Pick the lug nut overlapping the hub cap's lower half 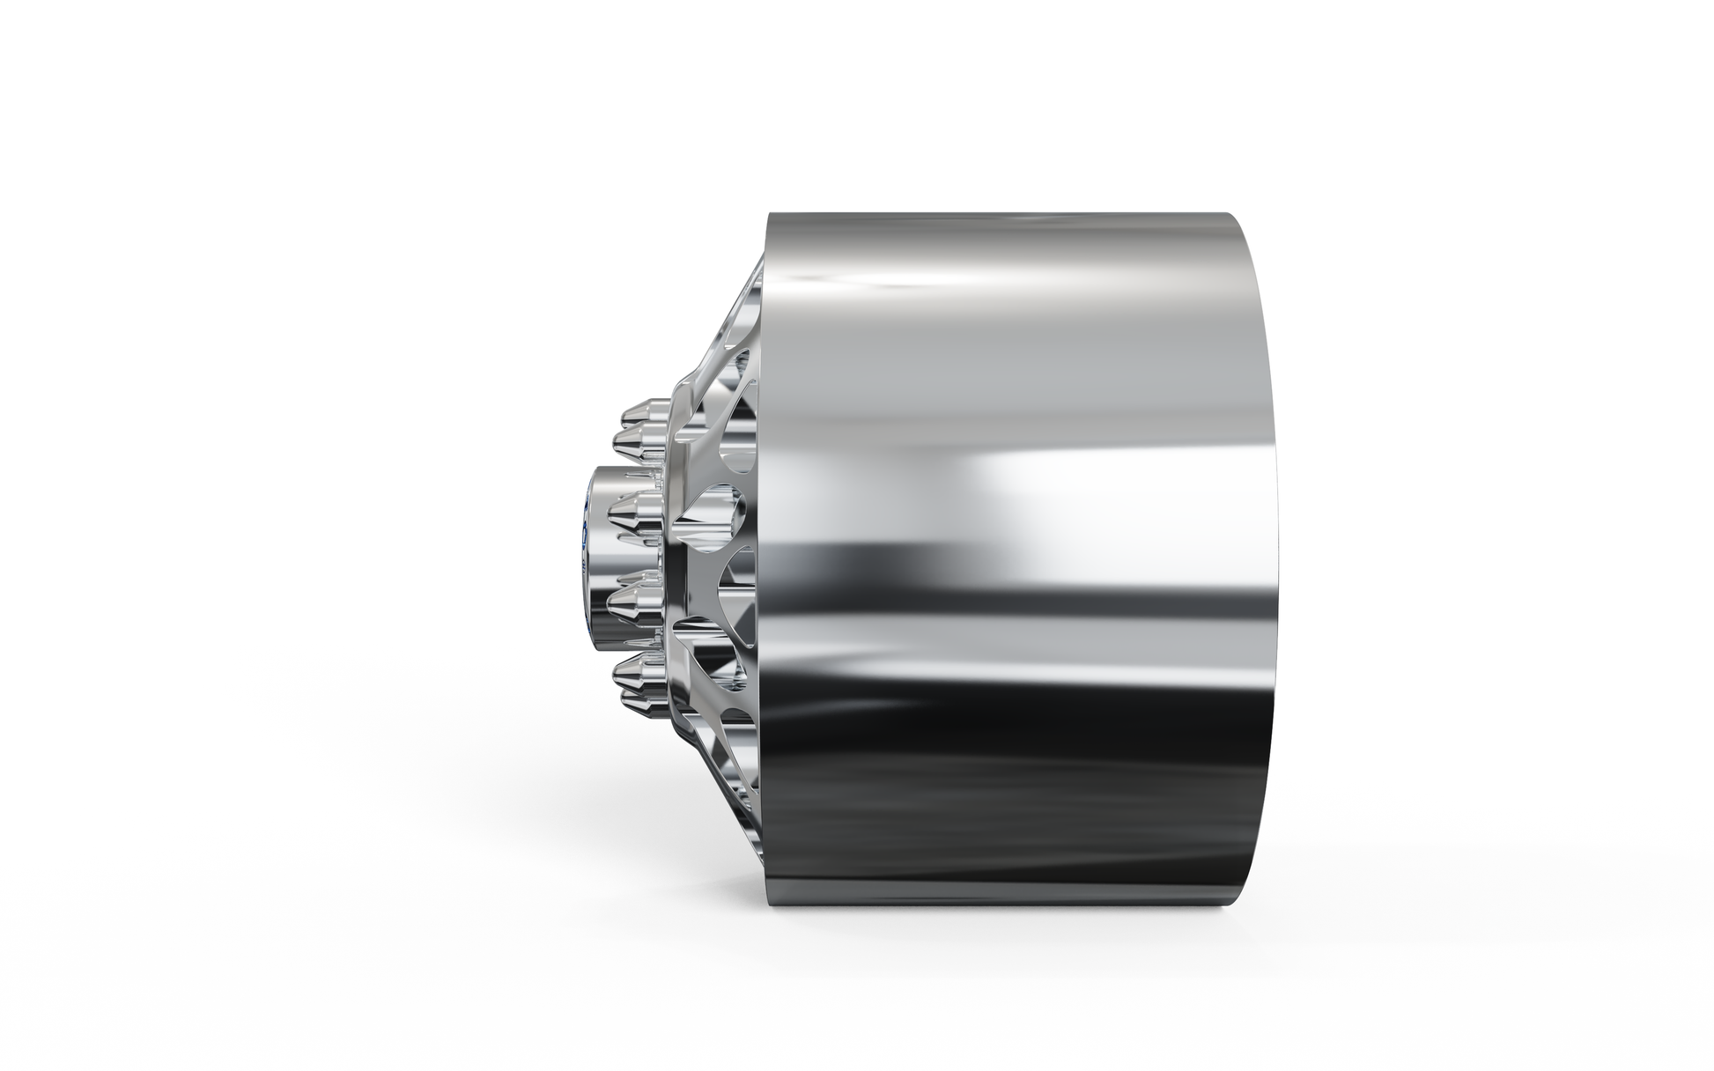[x=638, y=602]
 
